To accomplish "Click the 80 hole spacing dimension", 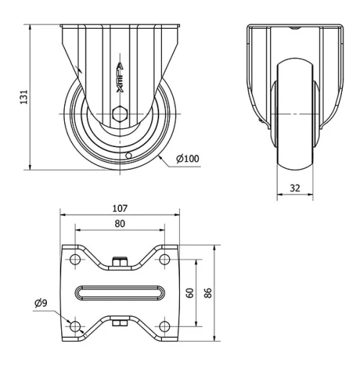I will pyautogui.click(x=120, y=224).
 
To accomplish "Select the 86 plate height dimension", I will pyautogui.click(x=207, y=293).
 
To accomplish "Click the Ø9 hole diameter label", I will pyautogui.click(x=40, y=303).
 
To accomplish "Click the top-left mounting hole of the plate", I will pyautogui.click(x=74, y=259).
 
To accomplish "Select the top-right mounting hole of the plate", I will pyautogui.click(x=165, y=259).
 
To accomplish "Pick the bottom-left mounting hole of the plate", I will pyautogui.click(x=74, y=326).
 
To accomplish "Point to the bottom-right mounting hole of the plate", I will pyautogui.click(x=165, y=326).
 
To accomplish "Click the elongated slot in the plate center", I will pyautogui.click(x=120, y=293).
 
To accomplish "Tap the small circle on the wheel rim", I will pyautogui.click(x=127, y=155).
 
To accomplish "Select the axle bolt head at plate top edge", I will pyautogui.click(x=120, y=262).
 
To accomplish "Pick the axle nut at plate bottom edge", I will pyautogui.click(x=120, y=323).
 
